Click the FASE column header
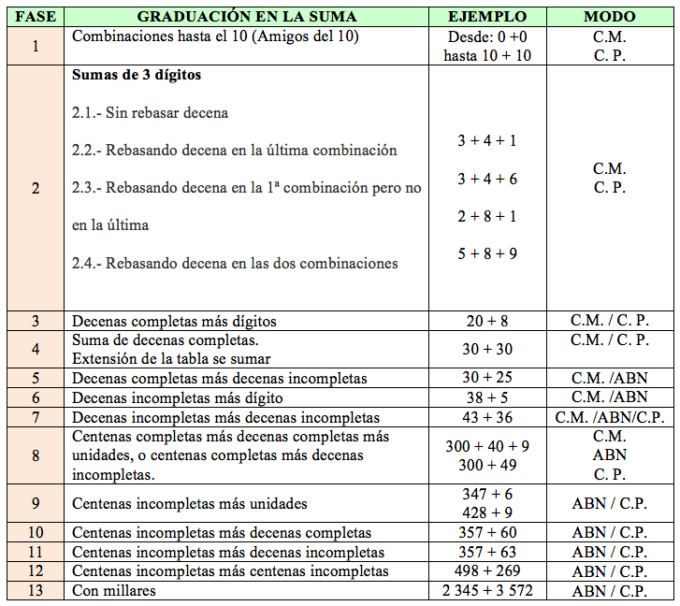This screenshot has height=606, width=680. click(36, 17)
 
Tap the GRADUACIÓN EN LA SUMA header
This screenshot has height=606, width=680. click(247, 17)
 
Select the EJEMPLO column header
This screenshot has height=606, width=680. click(486, 17)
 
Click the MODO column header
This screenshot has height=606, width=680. click(609, 17)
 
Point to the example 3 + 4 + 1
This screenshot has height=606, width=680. click(486, 141)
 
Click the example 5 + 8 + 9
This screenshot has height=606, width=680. click(486, 253)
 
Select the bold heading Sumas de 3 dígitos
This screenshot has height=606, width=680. click(137, 76)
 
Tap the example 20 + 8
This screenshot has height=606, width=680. click(486, 321)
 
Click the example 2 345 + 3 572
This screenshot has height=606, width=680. click(486, 590)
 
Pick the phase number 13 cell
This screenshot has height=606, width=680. click(36, 590)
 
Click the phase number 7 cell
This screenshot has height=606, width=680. click(36, 417)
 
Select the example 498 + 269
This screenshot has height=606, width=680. click(486, 571)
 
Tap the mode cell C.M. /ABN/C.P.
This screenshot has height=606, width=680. click(609, 417)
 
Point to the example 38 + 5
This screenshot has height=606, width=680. click(486, 397)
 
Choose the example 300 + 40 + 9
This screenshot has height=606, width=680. click(486, 446)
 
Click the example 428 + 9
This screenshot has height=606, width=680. click(486, 512)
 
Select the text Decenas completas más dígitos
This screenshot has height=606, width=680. click(174, 321)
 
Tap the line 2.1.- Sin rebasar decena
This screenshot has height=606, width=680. click(151, 113)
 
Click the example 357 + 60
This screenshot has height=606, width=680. click(486, 533)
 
